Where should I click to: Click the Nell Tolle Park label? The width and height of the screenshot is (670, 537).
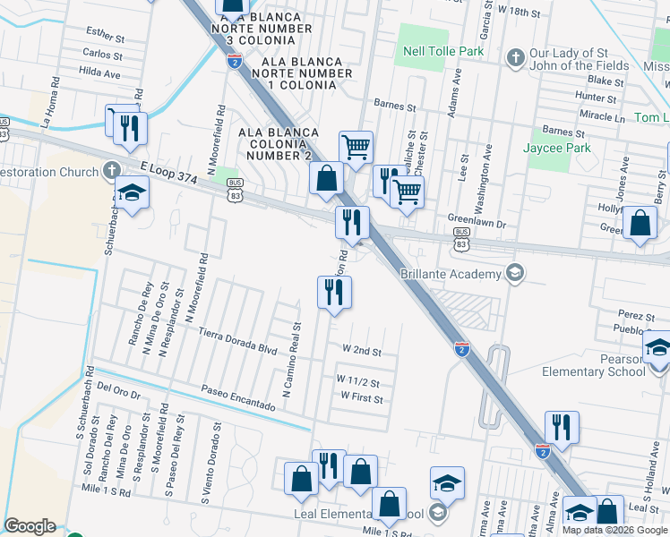pyautogui.click(x=442, y=51)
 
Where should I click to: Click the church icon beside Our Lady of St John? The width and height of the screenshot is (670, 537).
pyautogui.click(x=515, y=58)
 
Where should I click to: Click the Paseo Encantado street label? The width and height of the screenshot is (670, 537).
pyautogui.click(x=237, y=398)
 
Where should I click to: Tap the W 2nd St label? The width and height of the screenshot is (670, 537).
pyautogui.click(x=361, y=352)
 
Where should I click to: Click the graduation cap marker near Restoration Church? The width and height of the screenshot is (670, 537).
pyautogui.click(x=132, y=193)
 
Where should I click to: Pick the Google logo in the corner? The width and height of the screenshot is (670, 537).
pyautogui.click(x=30, y=526)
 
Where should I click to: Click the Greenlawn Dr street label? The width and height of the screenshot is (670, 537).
pyautogui.click(x=477, y=218)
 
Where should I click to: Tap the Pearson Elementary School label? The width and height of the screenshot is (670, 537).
pyautogui.click(x=603, y=365)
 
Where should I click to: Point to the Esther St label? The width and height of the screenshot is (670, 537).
pyautogui.click(x=105, y=35)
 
